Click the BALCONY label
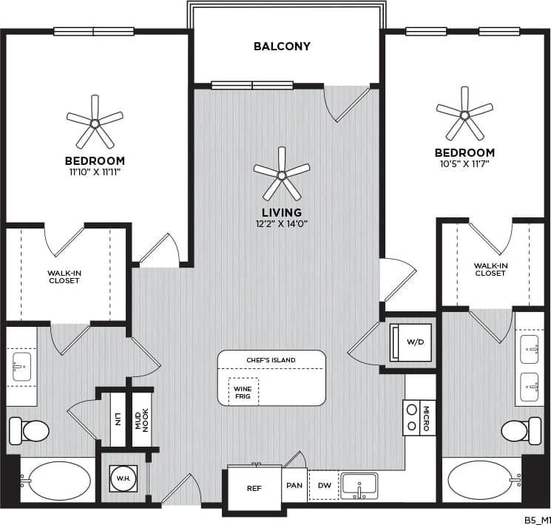(x=282, y=47)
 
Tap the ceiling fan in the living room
(x=282, y=175)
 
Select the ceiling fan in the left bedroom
(x=95, y=121)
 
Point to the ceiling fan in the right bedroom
(x=464, y=114)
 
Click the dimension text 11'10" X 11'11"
(x=95, y=172)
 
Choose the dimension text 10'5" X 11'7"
(x=464, y=164)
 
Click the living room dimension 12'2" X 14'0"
(x=281, y=222)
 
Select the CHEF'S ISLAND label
(x=271, y=360)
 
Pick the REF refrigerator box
(x=254, y=488)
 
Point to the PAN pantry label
(x=295, y=486)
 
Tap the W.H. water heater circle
(x=121, y=477)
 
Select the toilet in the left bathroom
(x=27, y=429)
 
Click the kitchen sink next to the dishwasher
(x=359, y=485)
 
